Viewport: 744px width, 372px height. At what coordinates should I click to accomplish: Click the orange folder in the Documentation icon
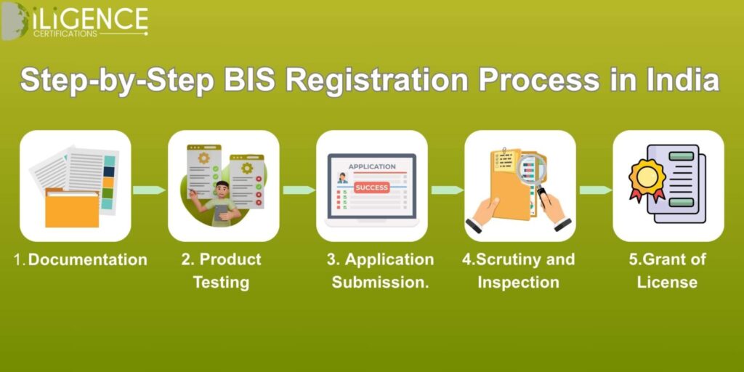click(x=72, y=208)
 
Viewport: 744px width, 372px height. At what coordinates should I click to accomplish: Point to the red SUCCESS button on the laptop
click(x=372, y=187)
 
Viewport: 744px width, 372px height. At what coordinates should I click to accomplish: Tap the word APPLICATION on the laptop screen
click(x=372, y=166)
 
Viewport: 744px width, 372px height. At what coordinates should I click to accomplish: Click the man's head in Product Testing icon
click(x=222, y=189)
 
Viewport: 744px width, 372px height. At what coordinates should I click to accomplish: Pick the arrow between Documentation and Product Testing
click(x=149, y=190)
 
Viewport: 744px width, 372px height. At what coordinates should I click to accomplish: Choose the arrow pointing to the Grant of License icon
click(x=596, y=190)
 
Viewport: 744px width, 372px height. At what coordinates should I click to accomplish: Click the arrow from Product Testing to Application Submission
click(x=299, y=190)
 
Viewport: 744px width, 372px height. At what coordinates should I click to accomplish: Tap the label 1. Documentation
click(x=81, y=260)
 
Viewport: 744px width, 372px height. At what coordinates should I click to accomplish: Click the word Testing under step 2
click(x=221, y=283)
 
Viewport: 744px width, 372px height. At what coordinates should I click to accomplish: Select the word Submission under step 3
click(x=380, y=283)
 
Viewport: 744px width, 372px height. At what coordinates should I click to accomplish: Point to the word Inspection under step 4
click(x=518, y=283)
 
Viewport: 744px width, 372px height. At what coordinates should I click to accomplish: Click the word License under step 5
click(x=667, y=283)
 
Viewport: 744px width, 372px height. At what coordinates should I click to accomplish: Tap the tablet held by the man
click(x=221, y=214)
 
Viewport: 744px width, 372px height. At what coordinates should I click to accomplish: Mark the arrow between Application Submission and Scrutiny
click(x=448, y=190)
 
